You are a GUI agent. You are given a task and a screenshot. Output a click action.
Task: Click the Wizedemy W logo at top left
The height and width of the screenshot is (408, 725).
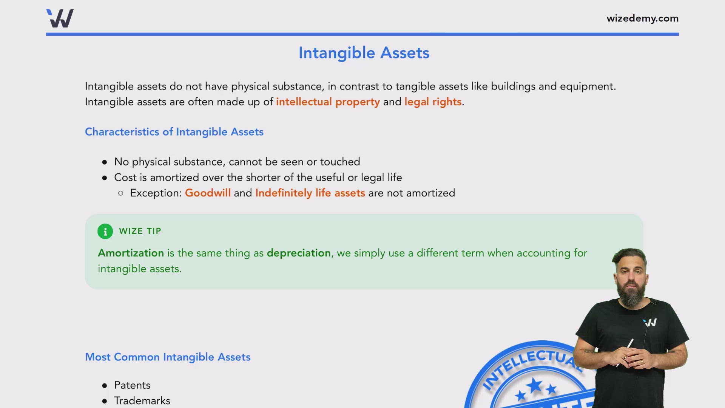[60, 18]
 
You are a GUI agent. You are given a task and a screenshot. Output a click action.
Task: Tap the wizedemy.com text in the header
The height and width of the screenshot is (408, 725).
[642, 18]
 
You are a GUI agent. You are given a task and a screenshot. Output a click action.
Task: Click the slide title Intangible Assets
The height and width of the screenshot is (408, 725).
[364, 53]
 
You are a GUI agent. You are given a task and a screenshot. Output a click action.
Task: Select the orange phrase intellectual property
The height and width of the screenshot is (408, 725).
[328, 102]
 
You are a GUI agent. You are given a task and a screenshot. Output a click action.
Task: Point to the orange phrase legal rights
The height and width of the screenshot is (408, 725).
[433, 102]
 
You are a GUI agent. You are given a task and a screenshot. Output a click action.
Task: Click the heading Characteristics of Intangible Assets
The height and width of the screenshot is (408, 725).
[174, 132]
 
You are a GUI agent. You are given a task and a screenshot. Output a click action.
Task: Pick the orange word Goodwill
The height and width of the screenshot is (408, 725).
[208, 193]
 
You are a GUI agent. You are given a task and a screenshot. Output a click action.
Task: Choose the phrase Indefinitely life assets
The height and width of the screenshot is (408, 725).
[310, 193]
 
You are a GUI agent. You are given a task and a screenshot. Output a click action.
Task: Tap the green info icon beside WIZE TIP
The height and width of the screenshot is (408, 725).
[105, 231]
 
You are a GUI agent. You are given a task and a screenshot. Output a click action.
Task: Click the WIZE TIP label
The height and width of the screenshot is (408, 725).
[140, 231]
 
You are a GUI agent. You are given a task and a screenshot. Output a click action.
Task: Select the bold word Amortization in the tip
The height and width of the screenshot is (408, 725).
[131, 253]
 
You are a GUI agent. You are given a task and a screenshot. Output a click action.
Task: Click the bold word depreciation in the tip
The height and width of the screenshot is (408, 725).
[299, 253]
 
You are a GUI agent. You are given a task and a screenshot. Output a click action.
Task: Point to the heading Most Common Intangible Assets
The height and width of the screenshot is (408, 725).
[168, 357]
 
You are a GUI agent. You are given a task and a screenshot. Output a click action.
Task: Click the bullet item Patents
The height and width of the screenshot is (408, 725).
[132, 385]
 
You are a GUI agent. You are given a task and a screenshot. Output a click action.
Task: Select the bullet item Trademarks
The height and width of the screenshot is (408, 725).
[142, 400]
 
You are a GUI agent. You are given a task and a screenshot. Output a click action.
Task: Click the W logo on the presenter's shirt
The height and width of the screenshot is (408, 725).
[650, 323]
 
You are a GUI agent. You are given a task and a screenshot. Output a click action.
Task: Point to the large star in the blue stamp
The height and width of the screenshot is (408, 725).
[535, 386]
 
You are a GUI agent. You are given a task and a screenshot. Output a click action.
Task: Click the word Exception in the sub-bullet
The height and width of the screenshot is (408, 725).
[156, 193]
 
